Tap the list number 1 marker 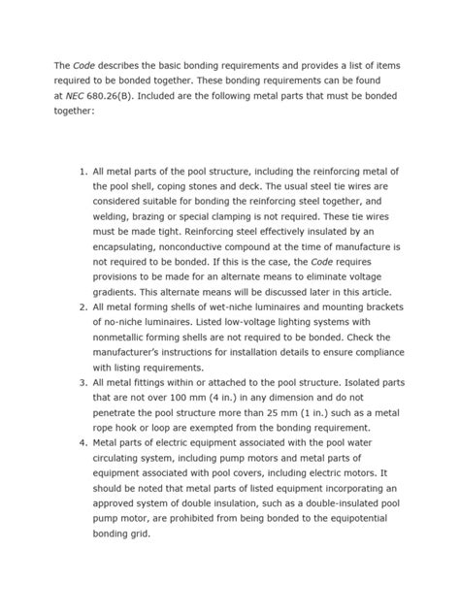coord(81,171)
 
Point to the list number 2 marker coord(81,306)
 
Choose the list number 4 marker coord(81,443)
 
